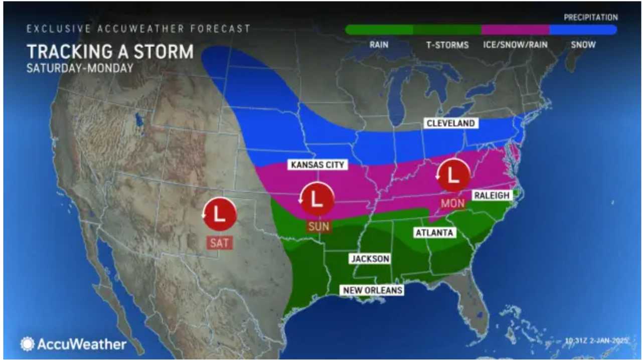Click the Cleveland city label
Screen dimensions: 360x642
(450, 123)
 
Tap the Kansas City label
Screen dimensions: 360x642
(317, 164)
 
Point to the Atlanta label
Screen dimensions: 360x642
(434, 233)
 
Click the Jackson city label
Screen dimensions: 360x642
(370, 259)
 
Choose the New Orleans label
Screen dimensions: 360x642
(373, 290)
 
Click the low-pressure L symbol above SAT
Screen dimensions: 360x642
(220, 213)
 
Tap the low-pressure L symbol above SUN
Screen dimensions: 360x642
(317, 200)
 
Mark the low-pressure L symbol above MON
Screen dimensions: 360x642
(453, 176)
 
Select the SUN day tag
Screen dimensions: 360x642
(318, 227)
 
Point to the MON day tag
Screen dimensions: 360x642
(453, 204)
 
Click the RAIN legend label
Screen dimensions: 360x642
(379, 45)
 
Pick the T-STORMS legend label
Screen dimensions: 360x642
(447, 45)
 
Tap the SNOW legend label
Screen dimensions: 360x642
(583, 45)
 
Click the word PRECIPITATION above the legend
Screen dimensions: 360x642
(590, 18)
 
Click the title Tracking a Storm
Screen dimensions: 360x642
(110, 52)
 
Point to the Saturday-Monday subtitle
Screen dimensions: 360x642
(80, 68)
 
